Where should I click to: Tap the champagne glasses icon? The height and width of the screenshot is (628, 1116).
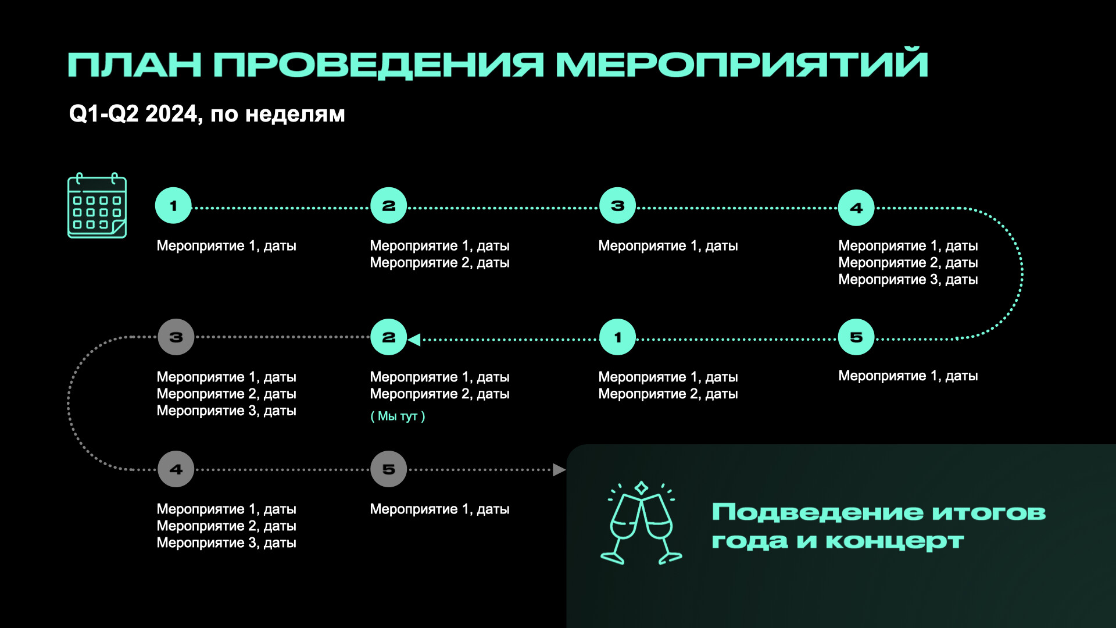pos(641,523)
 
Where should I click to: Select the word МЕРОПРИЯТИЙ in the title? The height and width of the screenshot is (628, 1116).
pos(742,65)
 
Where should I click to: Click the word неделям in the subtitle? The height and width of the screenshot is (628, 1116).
pos(295,114)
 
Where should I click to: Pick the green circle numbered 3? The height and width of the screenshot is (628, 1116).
pos(617,206)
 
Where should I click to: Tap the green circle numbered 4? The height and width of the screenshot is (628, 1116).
pos(856,208)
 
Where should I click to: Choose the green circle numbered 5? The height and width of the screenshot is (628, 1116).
pos(856,337)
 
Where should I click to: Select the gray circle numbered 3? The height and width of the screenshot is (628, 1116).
pos(176,337)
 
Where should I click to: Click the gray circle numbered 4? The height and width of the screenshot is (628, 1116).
pos(176,469)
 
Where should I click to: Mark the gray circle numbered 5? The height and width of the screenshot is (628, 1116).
pos(388,469)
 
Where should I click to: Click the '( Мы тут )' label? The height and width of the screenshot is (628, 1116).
pos(398,416)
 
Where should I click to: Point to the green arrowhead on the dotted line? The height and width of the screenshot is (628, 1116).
pos(414,340)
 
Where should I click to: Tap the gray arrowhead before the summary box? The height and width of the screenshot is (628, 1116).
pos(559,470)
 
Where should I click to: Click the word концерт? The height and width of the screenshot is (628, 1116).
pos(895,541)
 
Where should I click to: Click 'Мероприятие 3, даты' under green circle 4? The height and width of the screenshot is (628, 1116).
pos(908,280)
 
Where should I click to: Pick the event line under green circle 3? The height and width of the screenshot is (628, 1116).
pos(668,246)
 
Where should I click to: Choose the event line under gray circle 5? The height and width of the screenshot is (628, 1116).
pos(439,509)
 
